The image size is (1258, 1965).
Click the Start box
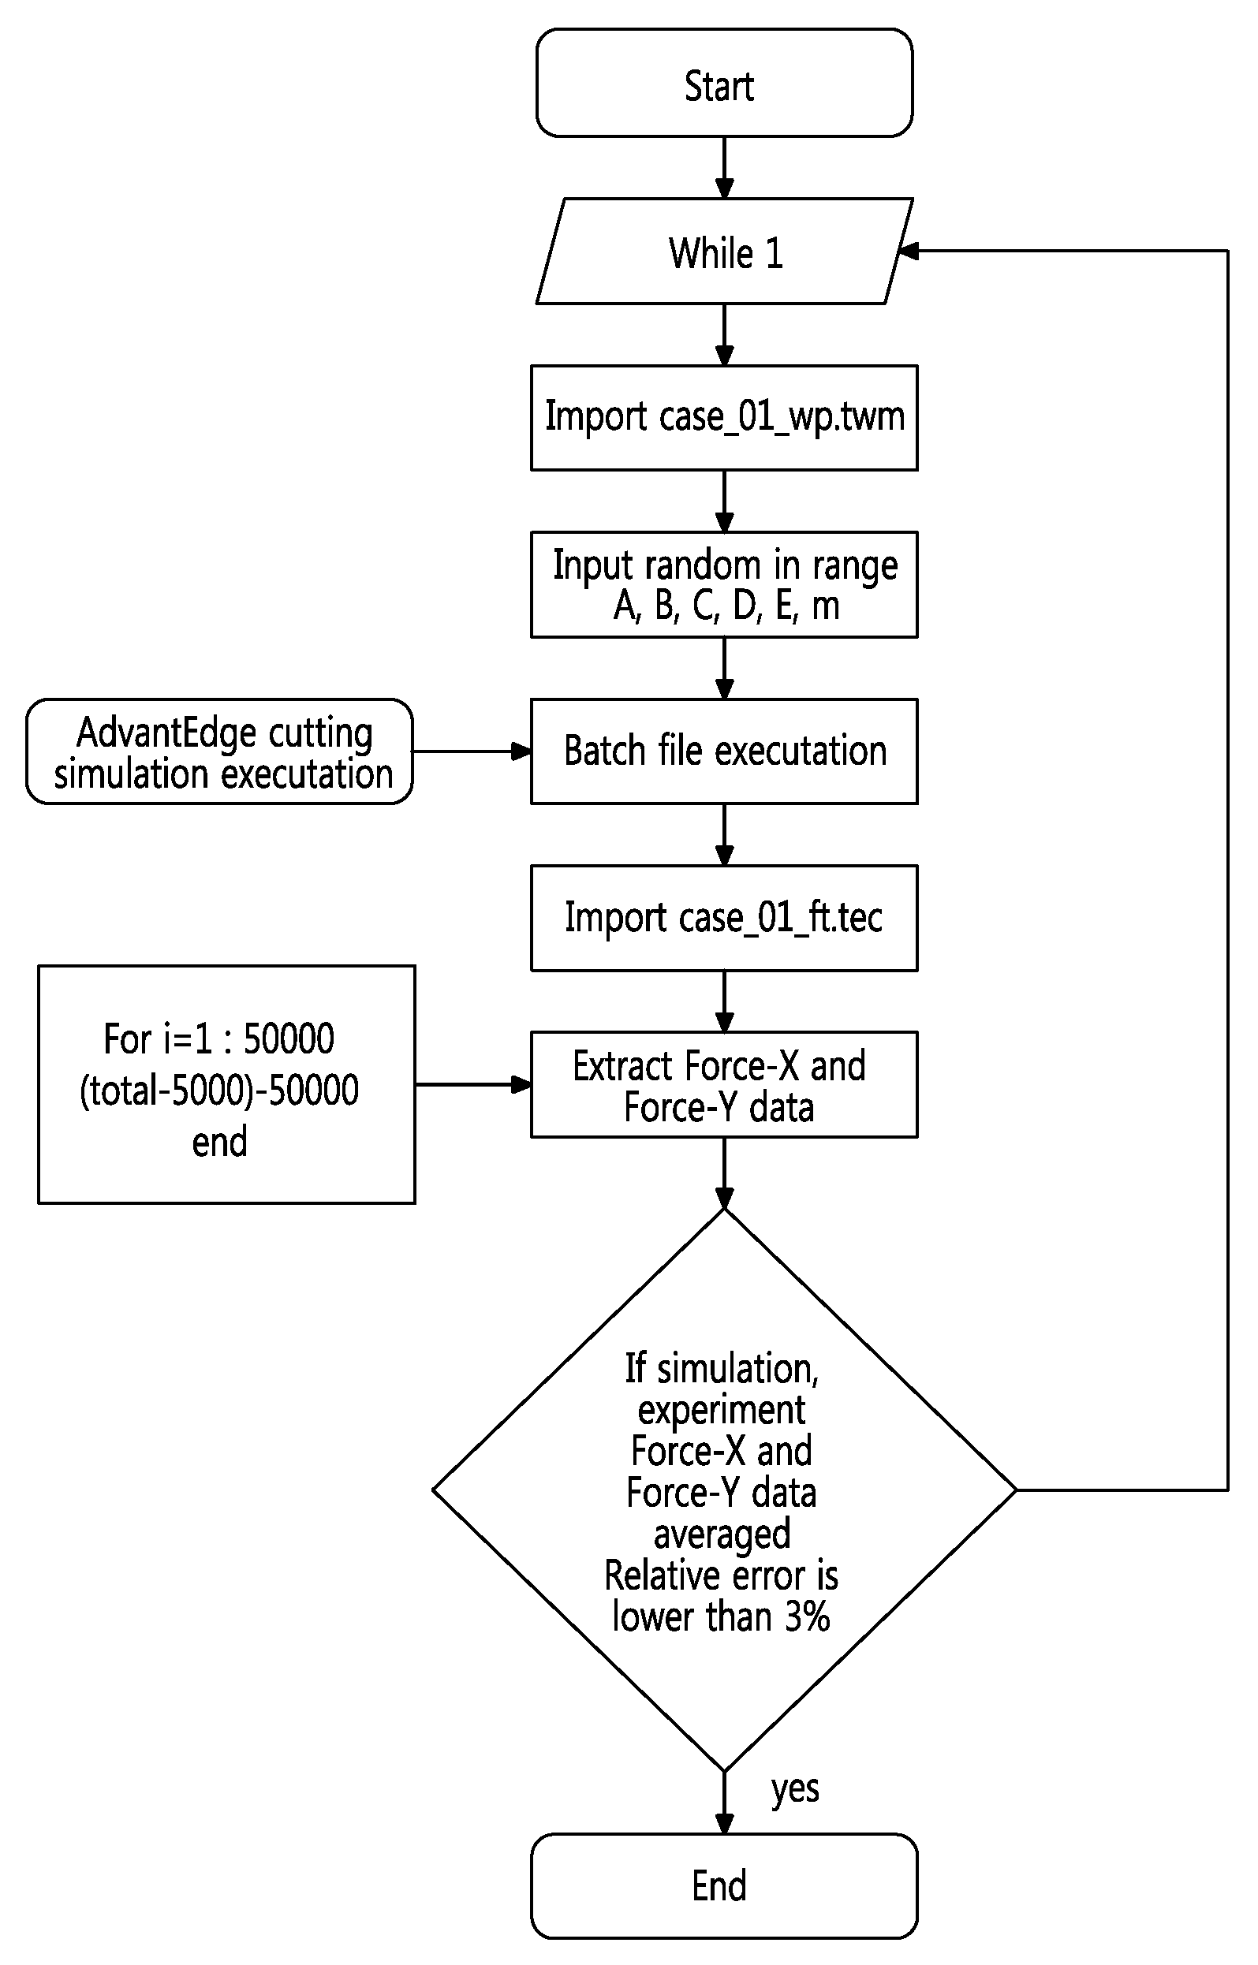[x=724, y=83]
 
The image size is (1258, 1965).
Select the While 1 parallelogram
[x=724, y=251]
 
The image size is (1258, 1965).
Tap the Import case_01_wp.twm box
[x=724, y=417]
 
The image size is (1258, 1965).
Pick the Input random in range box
[x=724, y=584]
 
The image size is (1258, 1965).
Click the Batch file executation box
[x=724, y=751]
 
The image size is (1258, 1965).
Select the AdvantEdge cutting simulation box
[x=219, y=751]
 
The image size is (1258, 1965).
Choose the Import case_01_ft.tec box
[x=724, y=918]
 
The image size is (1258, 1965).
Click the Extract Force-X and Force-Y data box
[x=724, y=1084]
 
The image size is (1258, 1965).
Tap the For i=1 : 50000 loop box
[x=226, y=1084]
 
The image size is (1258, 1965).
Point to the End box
[x=724, y=1886]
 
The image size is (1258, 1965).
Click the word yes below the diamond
[x=795, y=1789]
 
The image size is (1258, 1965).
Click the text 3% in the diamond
[x=807, y=1616]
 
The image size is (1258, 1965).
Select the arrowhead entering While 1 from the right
[x=909, y=251]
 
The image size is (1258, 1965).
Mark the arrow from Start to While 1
[x=724, y=167]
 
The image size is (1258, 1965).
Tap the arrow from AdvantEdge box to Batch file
[x=472, y=751]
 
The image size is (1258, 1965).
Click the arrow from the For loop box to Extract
[x=474, y=1084]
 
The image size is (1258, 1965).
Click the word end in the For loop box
[x=219, y=1142]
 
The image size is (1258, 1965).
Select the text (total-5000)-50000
[x=219, y=1091]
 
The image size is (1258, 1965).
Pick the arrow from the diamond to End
[x=724, y=1803]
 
